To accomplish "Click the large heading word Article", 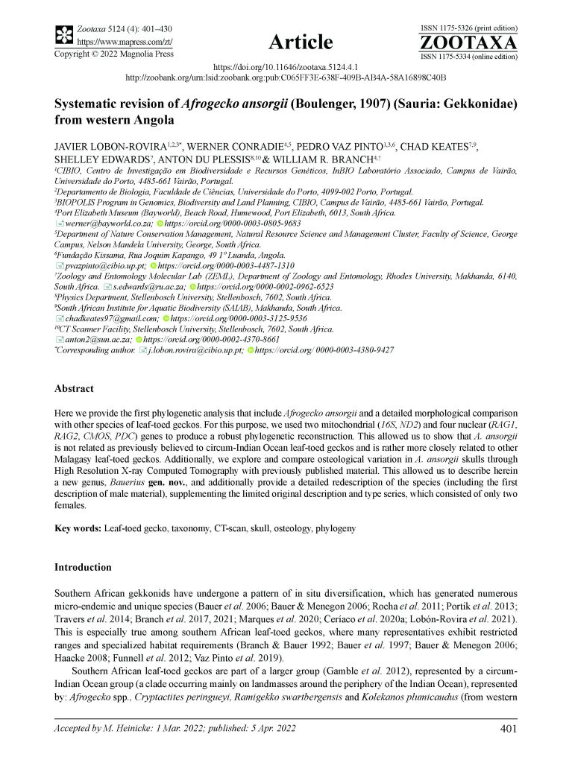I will pos(298,42).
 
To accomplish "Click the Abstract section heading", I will pos(74,388).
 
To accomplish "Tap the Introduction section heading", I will pos(84,567).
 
